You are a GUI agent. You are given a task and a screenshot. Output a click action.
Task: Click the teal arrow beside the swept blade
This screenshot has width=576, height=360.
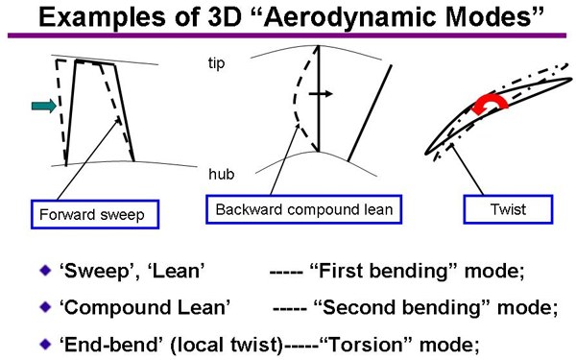click(44, 107)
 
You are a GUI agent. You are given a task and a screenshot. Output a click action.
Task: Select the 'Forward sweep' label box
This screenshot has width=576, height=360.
click(95, 214)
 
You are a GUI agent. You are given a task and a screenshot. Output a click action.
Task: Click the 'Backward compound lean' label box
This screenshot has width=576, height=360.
click(303, 209)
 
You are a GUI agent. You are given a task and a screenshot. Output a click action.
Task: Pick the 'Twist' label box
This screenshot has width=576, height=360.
click(508, 209)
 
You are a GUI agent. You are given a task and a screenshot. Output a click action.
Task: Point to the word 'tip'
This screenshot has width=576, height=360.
click(216, 63)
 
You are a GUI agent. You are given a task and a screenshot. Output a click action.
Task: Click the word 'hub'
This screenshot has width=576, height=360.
click(221, 174)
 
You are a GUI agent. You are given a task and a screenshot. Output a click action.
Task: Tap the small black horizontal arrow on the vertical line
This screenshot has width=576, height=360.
click(321, 94)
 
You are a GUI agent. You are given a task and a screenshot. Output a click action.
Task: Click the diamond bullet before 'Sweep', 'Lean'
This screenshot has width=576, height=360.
click(45, 271)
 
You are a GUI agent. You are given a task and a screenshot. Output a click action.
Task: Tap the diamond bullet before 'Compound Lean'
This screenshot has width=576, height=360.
click(45, 307)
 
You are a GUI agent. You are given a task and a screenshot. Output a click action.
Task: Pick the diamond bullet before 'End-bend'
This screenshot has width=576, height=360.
click(45, 345)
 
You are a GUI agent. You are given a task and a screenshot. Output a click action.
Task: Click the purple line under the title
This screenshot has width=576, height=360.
click(287, 36)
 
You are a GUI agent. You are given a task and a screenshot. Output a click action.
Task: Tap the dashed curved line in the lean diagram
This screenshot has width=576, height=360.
click(295, 99)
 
